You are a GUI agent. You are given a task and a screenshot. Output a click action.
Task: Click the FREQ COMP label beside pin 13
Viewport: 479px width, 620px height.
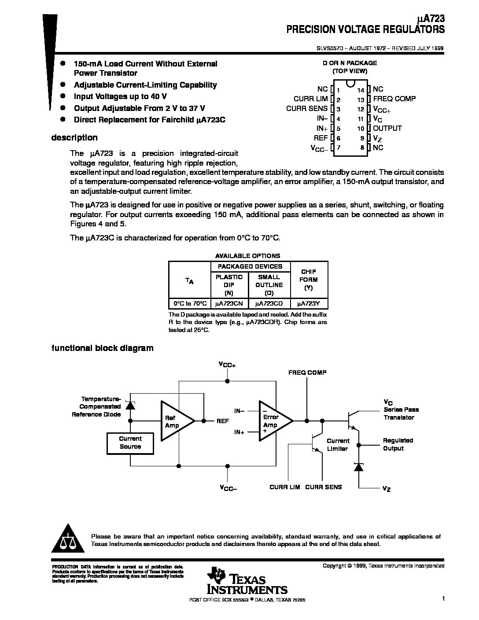click(394, 99)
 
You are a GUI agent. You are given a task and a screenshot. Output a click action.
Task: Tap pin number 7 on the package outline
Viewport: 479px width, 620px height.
click(339, 148)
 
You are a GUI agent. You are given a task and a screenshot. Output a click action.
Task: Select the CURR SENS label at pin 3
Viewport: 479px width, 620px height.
click(307, 108)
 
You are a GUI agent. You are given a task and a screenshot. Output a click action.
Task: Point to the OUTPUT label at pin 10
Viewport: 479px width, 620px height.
click(387, 128)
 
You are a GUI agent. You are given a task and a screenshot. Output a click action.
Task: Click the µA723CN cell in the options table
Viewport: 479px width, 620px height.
click(229, 303)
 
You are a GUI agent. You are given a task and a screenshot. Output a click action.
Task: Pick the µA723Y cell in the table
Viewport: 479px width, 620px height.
click(309, 303)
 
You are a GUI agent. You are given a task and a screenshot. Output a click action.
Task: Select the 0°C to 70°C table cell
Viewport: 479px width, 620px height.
click(190, 303)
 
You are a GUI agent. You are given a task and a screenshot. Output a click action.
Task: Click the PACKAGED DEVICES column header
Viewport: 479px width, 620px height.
click(250, 266)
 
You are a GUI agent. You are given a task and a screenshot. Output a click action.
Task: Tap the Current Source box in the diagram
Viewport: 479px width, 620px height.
click(130, 443)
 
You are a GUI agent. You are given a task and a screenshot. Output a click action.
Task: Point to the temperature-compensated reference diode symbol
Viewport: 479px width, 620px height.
click(130, 405)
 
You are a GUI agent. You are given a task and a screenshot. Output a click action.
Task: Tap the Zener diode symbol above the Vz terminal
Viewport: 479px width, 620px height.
click(359, 467)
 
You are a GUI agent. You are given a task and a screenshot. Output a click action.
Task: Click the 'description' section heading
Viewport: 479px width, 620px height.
click(74, 137)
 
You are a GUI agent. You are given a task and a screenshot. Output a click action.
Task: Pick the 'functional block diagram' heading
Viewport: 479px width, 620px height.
click(102, 348)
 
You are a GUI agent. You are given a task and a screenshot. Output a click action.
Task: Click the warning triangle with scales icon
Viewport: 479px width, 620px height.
click(68, 539)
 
